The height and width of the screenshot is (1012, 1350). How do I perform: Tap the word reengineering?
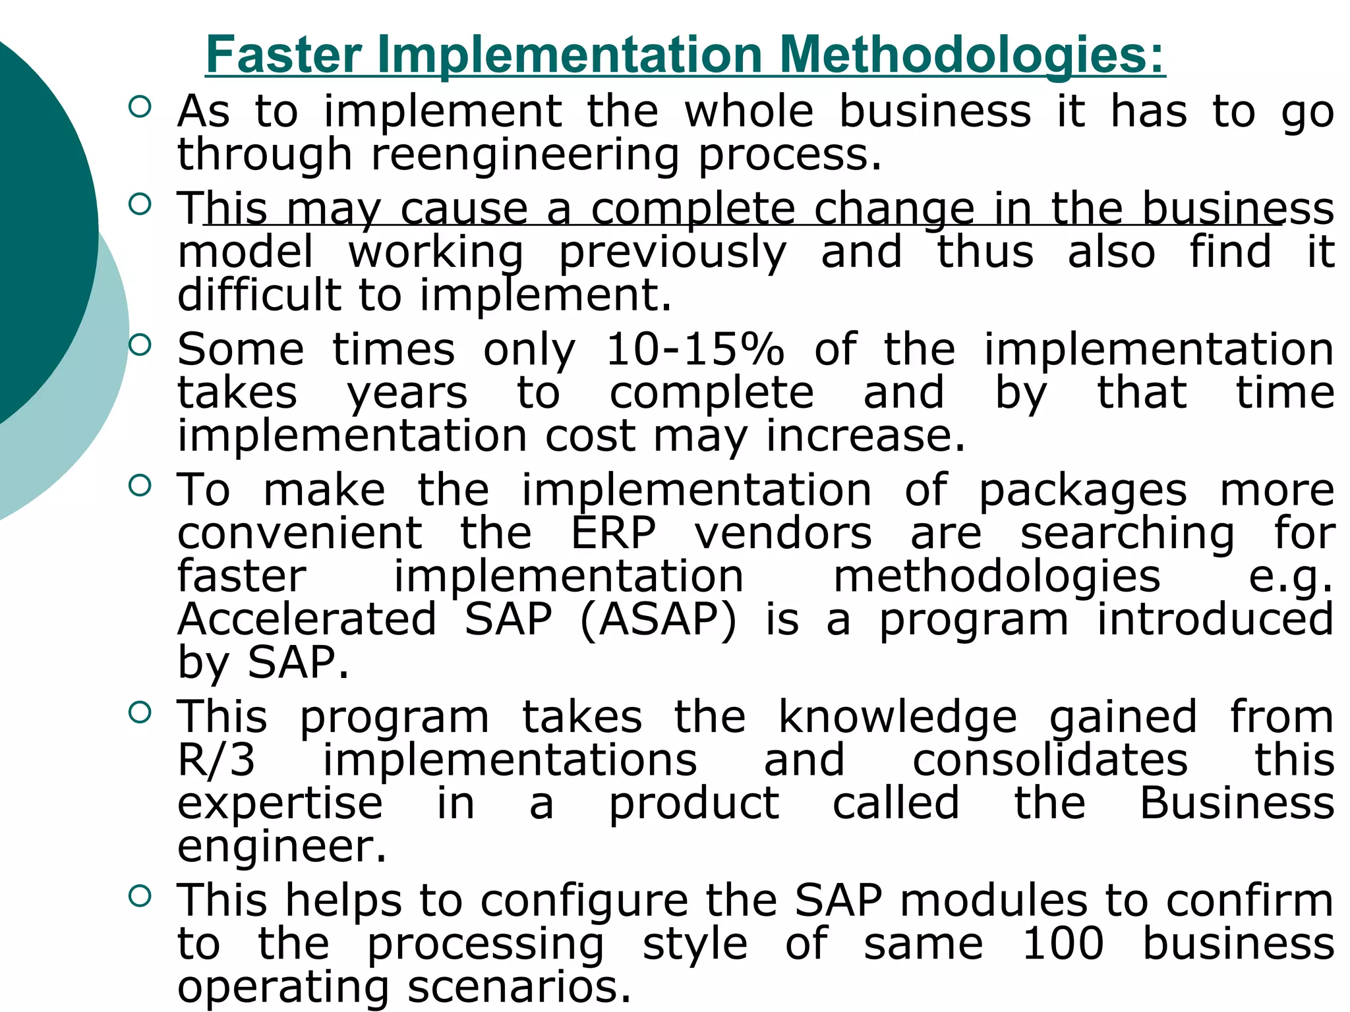525,155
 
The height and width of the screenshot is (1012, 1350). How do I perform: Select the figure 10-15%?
695,349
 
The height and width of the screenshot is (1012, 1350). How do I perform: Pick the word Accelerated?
307,619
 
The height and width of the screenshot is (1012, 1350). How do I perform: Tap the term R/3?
216,760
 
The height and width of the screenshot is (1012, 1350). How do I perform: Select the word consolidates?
1050,760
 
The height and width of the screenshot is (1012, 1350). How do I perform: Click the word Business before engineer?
1237,803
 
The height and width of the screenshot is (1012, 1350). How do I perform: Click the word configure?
584,901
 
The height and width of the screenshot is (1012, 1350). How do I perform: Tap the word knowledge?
898,717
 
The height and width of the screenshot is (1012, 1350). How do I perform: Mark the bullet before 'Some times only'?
140,344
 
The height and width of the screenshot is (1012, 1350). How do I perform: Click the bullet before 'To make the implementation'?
140,486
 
